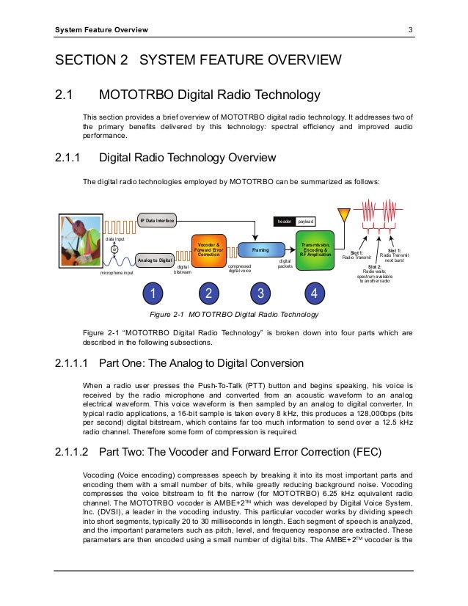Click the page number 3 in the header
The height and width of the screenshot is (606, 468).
412,30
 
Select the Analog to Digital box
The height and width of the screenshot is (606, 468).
155,260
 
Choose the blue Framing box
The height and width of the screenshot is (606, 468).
260,250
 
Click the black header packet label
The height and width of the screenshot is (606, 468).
284,220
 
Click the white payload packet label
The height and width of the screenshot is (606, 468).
306,220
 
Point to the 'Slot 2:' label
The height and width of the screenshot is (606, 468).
375,266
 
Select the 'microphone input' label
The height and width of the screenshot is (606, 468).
117,272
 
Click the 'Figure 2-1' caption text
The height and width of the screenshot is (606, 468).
234,315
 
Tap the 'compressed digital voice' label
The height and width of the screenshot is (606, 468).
241,269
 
